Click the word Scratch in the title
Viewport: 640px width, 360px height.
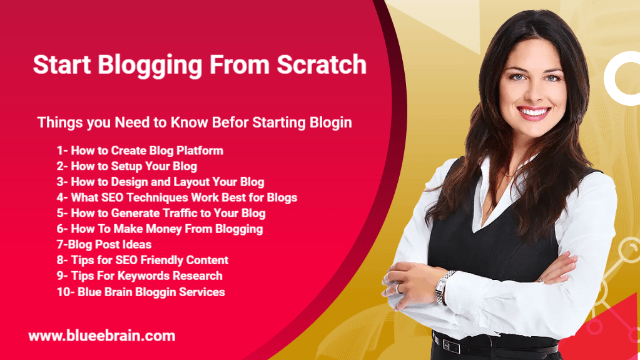(322, 64)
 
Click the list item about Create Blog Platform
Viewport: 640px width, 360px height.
(140, 150)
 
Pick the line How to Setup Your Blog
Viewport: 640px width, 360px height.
(127, 167)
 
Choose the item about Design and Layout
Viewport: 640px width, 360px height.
(160, 182)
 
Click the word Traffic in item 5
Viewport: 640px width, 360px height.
(190, 213)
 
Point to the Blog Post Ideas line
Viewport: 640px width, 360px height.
(104, 244)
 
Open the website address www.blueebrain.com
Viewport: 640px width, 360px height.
(102, 336)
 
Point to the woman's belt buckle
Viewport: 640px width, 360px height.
(452, 346)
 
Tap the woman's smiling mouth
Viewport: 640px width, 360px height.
(533, 112)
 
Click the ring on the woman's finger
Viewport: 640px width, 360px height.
(398, 288)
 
